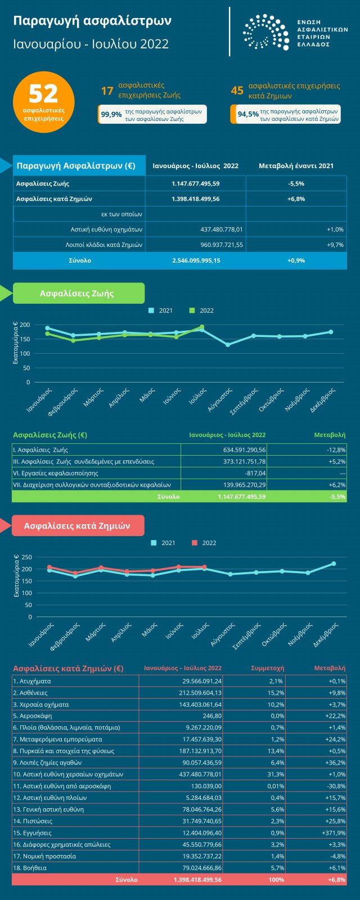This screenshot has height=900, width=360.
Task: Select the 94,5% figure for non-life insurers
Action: click(248, 115)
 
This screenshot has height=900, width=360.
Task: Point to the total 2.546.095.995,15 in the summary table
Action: click(196, 261)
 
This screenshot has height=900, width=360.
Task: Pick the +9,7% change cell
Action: click(335, 245)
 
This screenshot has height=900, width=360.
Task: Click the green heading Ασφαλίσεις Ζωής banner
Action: click(78, 294)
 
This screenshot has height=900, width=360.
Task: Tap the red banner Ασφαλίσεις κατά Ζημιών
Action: click(78, 526)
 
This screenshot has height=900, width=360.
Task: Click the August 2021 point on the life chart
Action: click(228, 344)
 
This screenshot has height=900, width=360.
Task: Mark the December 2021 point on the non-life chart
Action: click(334, 564)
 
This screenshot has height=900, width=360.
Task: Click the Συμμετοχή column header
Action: click(267, 668)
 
